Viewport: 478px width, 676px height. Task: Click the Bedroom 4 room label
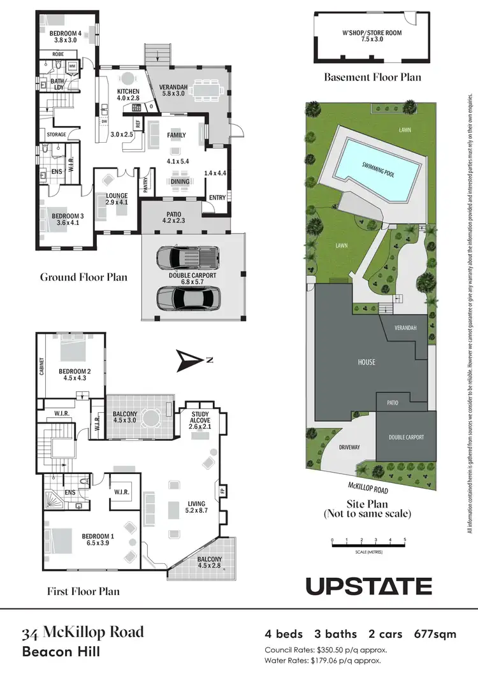pos(66,36)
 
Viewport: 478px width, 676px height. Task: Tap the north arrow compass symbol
pos(191,361)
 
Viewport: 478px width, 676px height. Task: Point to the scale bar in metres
pos(368,543)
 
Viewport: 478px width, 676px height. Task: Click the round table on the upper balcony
pos(151,418)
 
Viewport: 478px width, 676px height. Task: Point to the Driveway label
pos(349,447)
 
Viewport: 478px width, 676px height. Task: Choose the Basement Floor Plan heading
pos(372,78)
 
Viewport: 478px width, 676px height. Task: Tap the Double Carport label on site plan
pos(406,437)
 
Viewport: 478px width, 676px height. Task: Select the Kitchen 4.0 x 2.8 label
pos(128,95)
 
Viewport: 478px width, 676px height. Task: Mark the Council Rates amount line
pos(326,650)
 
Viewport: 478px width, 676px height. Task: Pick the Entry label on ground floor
pos(217,198)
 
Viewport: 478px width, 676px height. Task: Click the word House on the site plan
pos(366,362)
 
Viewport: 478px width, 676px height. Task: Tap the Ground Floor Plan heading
pos(83,277)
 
